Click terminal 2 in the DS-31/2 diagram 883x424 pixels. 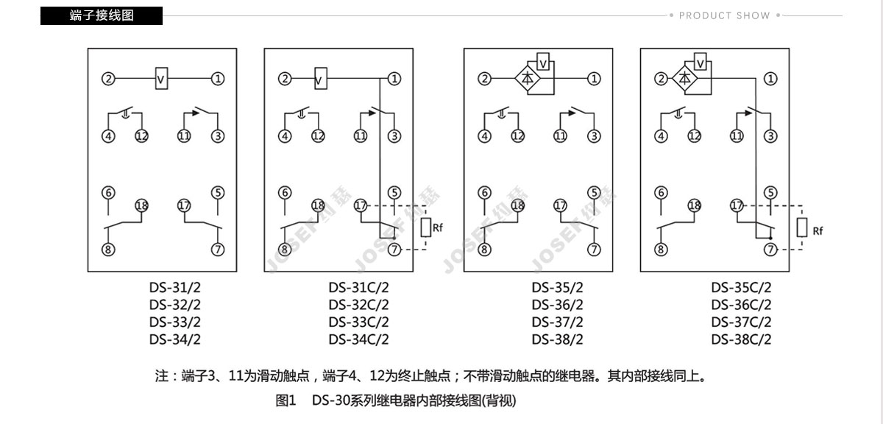[x=108, y=79]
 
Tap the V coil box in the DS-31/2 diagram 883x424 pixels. [x=161, y=79]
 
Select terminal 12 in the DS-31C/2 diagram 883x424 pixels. [x=318, y=136]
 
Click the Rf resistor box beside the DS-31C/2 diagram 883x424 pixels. [x=426, y=227]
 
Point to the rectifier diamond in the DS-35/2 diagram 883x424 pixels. [x=528, y=79]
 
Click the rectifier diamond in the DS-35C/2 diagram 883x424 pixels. [x=685, y=79]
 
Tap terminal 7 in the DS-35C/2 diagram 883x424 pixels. [x=770, y=250]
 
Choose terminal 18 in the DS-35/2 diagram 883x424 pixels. [x=518, y=205]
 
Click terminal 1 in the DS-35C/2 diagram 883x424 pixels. [x=770, y=79]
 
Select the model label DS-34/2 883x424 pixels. [x=174, y=339]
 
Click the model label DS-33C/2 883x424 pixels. [x=359, y=322]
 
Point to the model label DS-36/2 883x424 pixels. [x=557, y=305]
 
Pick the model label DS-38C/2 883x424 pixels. [x=741, y=339]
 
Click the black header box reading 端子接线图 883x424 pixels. [x=102, y=15]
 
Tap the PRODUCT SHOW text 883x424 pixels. [x=724, y=15]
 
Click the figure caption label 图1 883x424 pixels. [x=286, y=400]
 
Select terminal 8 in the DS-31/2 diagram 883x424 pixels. [x=108, y=250]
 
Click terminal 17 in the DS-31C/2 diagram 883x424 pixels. [x=361, y=205]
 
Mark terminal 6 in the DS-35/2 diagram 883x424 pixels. [x=484, y=193]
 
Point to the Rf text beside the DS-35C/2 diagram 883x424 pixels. [x=818, y=230]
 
